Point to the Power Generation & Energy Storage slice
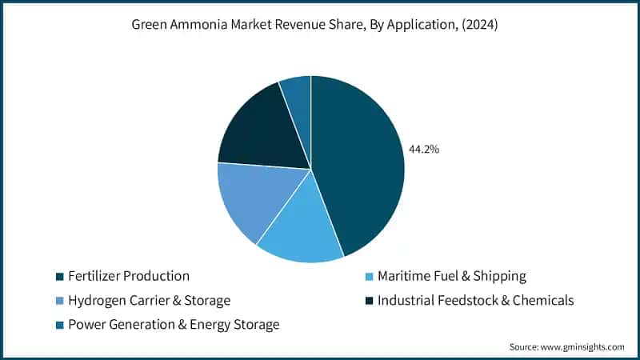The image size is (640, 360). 298,96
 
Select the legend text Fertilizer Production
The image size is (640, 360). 129,276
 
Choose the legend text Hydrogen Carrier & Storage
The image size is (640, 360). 149,300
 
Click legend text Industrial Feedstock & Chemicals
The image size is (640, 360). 475,300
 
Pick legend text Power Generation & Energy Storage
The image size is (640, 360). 174,324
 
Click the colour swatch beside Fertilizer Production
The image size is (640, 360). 60,277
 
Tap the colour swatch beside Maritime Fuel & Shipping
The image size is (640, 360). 369,277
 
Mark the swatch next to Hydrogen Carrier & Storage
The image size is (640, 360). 60,301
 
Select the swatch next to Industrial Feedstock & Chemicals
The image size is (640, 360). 369,301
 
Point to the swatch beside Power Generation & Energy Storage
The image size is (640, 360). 60,325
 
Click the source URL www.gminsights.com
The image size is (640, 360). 583,346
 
